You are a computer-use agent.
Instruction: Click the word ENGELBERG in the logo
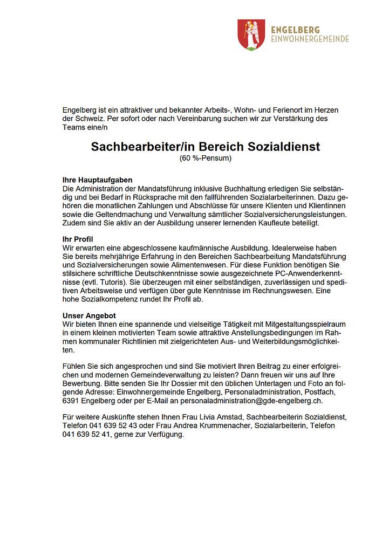tap(296, 30)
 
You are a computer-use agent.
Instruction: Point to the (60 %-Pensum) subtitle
tap(205, 158)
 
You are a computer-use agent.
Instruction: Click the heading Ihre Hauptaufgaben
tap(98, 180)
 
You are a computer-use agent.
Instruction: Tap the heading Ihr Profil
tap(79, 238)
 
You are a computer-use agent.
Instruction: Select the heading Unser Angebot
tap(89, 315)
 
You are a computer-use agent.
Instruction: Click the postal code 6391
tap(71, 400)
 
